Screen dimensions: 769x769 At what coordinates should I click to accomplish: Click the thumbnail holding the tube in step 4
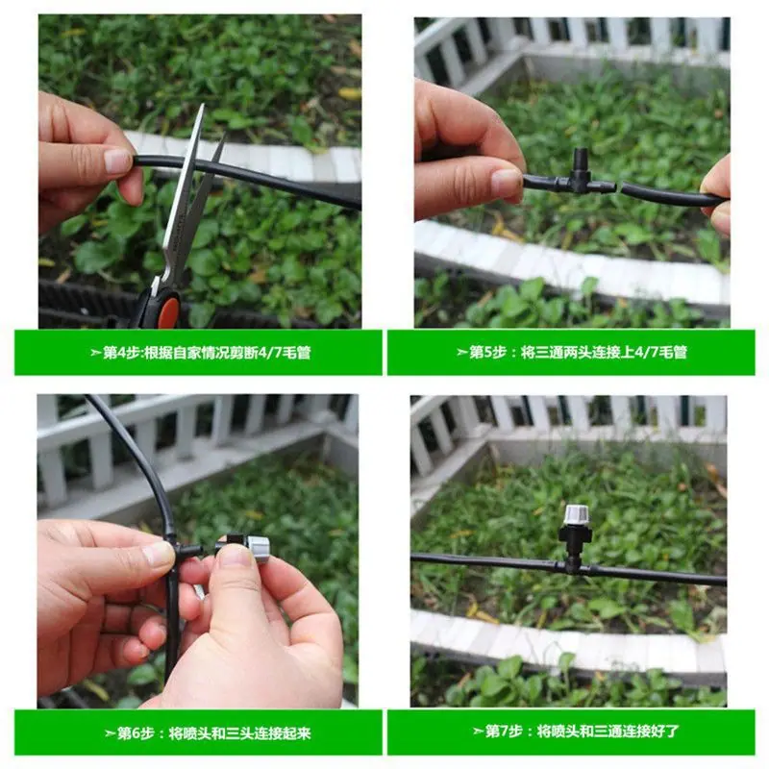117,161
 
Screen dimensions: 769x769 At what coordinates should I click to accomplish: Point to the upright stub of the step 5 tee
581,161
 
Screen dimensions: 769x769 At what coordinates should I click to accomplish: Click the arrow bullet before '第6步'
110,733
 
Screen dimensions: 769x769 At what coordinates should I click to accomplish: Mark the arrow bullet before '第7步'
478,732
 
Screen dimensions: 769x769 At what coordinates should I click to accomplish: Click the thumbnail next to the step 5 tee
506,181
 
